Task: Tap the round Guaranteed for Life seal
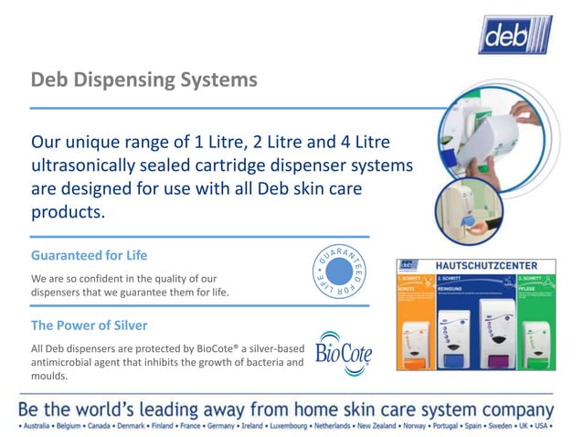pyautogui.click(x=338, y=272)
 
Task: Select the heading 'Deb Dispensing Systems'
pyautogui.click(x=143, y=80)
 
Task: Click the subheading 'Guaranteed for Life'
pyautogui.click(x=89, y=255)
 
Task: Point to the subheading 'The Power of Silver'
pyautogui.click(x=90, y=325)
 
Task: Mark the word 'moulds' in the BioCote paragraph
pyautogui.click(x=50, y=376)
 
